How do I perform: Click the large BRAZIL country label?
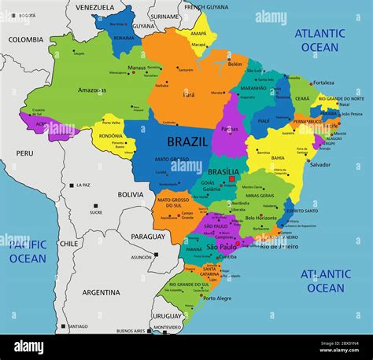point(188,142)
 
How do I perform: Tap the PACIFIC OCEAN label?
point(28,252)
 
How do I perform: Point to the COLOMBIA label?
point(26,39)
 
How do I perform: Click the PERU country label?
point(24,153)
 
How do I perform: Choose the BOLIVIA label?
point(131,194)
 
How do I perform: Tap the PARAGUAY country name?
point(148,237)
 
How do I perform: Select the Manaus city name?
point(137,68)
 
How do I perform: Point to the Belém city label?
point(235,64)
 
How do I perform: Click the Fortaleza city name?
point(322,83)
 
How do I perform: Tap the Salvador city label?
point(319,164)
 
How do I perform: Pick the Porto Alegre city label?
point(217,298)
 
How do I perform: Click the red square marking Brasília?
point(232,179)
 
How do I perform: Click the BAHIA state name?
point(278,157)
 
